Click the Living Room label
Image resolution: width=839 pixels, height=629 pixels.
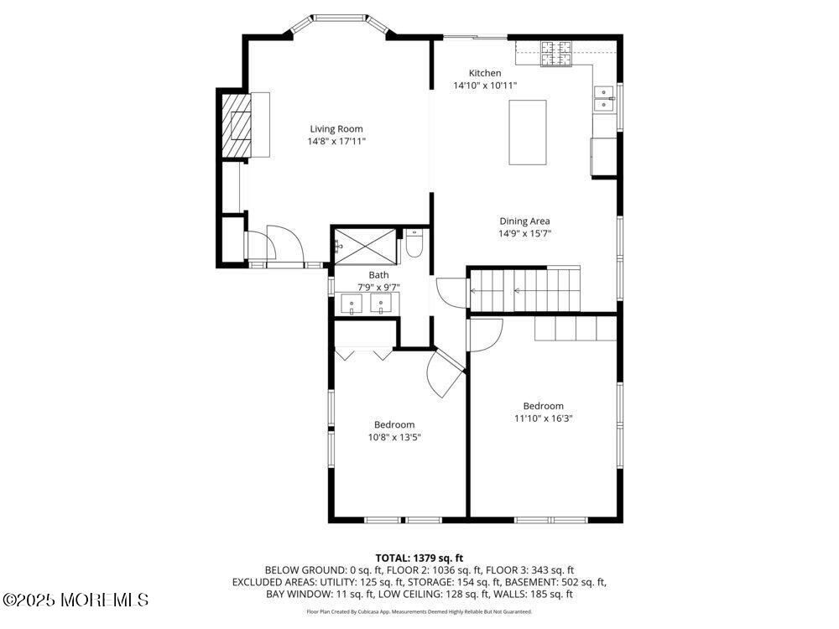click(336, 128)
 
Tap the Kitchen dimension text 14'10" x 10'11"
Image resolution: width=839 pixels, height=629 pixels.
click(485, 86)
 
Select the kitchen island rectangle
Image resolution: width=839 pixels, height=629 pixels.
click(528, 133)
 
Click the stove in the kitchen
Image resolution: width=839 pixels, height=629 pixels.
click(555, 54)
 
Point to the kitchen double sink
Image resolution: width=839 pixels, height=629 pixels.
click(603, 100)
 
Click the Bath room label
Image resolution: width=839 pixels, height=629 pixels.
click(378, 274)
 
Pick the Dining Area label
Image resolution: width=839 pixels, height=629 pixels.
click(524, 221)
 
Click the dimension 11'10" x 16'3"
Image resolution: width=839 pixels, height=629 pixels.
click(543, 418)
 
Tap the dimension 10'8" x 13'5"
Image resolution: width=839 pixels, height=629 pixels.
click(393, 437)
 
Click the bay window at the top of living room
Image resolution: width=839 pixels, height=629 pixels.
click(339, 18)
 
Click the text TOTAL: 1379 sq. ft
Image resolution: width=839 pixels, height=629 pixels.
click(419, 558)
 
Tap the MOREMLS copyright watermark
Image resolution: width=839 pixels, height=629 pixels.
click(76, 600)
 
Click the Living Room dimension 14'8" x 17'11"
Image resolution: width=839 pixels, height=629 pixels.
click(336, 141)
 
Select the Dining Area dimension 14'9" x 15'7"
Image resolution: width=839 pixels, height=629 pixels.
click(524, 234)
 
